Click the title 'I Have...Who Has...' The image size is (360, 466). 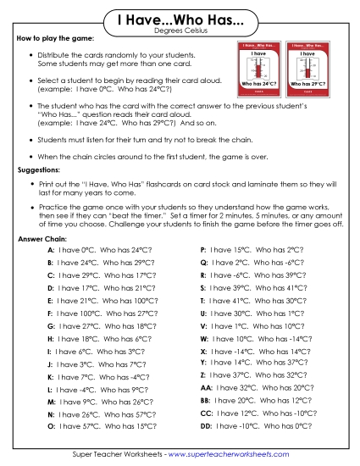tap(180, 19)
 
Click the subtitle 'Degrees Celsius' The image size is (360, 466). tap(180, 31)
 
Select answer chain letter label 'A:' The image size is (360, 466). tap(52, 251)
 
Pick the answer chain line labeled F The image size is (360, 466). tap(102, 313)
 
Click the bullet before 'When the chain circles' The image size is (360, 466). tap(31, 157)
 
